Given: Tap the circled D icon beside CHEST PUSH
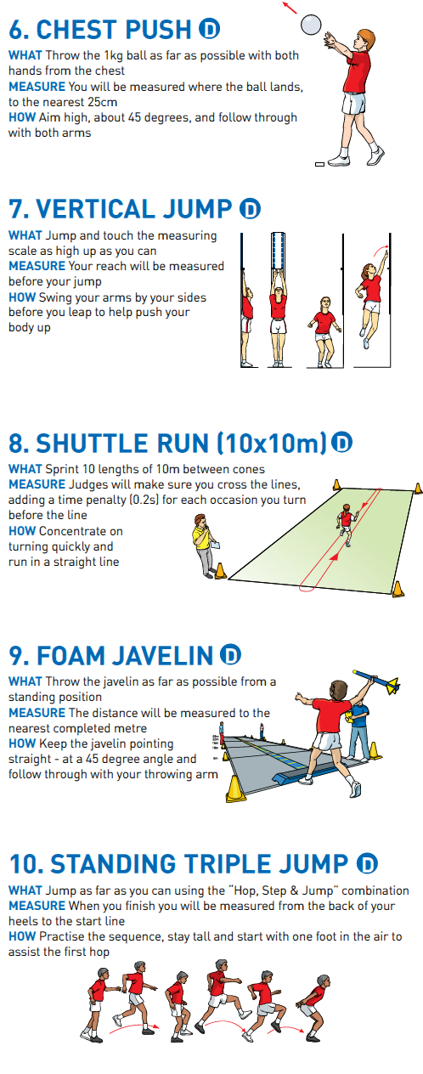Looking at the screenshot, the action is point(209,29).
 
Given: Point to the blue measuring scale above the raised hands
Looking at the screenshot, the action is point(279,252).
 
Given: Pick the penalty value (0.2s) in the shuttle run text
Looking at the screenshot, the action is point(144,500).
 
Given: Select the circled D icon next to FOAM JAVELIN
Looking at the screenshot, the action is point(230,655).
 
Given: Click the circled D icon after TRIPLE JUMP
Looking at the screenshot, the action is point(367,863).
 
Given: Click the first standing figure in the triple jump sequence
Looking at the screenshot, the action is point(99,1005).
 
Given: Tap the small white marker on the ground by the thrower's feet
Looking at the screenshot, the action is point(319,164).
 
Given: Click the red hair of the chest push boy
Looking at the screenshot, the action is point(366,37).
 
